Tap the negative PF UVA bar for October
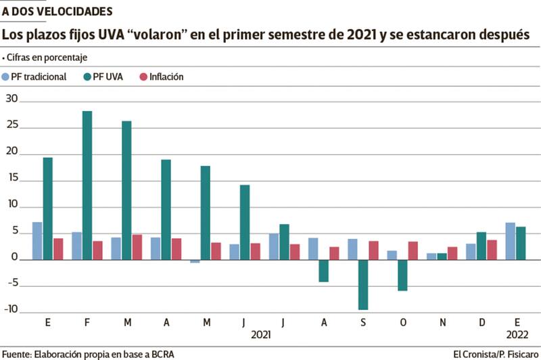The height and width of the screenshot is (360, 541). (x=403, y=275)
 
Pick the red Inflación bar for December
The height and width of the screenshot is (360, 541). (x=492, y=250)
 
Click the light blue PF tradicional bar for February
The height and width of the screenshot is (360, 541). (x=76, y=246)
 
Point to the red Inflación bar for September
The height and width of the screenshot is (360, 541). (x=373, y=250)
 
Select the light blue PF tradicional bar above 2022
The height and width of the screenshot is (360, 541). (x=511, y=241)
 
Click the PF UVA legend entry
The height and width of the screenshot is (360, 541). (x=102, y=76)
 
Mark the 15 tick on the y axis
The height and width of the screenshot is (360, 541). (x=10, y=181)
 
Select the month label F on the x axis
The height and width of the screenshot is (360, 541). (x=87, y=323)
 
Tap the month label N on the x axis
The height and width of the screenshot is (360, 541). (x=442, y=323)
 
